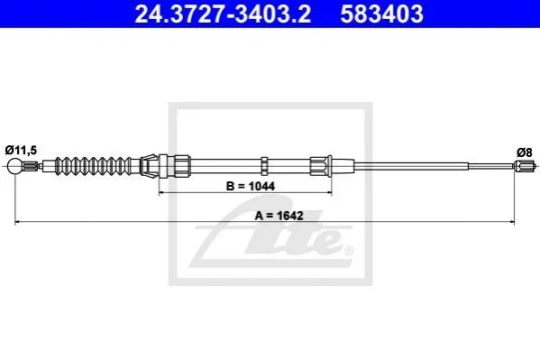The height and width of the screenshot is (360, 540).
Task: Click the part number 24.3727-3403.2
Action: point(223,14)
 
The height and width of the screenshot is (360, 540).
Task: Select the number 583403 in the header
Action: point(381,14)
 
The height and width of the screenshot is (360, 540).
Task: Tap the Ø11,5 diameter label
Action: point(21,151)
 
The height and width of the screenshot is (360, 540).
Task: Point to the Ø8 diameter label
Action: point(524,152)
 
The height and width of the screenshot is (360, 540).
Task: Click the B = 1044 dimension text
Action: point(251,186)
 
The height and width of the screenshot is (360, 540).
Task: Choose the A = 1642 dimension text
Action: point(279,216)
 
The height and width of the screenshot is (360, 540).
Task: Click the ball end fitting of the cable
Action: point(14,166)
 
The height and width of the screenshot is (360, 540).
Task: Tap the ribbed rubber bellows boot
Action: point(94,166)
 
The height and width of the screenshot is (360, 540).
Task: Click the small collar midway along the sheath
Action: point(264,166)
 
